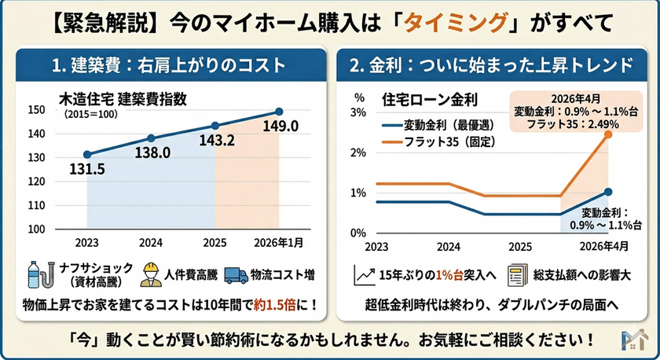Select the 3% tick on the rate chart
(359, 112)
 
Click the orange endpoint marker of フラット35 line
(609, 134)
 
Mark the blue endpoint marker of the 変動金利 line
(609, 192)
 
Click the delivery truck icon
(235, 274)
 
